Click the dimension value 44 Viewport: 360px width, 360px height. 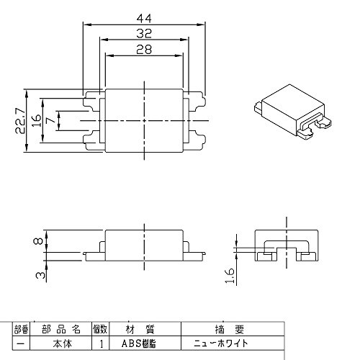144,19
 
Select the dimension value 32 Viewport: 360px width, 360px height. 144,34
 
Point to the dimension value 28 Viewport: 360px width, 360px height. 144,50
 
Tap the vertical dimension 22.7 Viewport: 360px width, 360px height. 20,120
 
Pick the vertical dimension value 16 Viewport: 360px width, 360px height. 36,120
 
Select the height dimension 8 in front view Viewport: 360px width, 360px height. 39,240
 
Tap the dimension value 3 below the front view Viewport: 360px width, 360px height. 40,275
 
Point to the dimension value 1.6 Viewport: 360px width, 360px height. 230,276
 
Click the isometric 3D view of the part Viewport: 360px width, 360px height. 293,112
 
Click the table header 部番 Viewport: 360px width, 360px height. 22,330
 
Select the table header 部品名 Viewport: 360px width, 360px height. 61,329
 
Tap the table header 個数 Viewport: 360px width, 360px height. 100,329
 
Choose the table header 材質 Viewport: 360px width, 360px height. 140,329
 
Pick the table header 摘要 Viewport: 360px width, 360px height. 230,329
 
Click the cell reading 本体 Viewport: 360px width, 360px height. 63,343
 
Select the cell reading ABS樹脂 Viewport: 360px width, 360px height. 139,343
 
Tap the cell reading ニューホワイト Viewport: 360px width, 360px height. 220,343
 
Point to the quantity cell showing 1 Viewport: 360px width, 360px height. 102,344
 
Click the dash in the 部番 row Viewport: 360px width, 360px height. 21,344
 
